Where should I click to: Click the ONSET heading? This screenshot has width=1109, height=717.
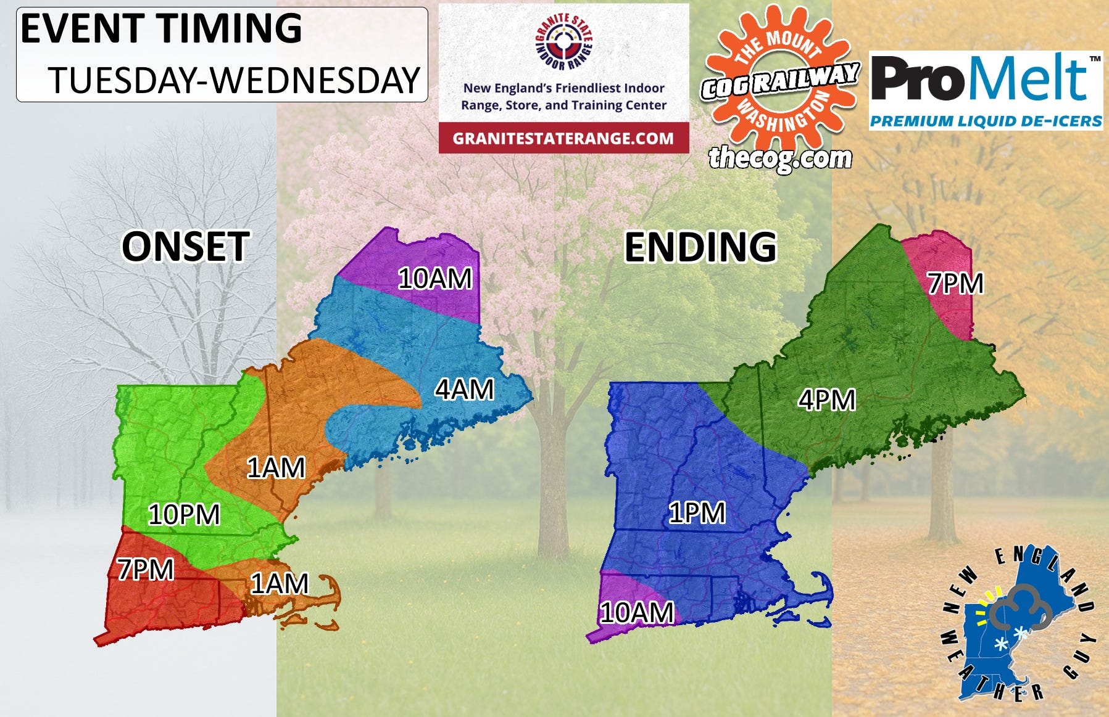click(x=186, y=247)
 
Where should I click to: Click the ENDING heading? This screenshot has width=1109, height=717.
click(x=700, y=247)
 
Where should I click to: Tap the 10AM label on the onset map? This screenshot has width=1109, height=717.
click(x=435, y=279)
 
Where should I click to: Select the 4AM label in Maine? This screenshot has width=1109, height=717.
click(x=464, y=390)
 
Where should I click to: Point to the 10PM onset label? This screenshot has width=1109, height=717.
click(x=184, y=514)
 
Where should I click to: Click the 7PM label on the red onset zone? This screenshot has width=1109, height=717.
click(x=146, y=569)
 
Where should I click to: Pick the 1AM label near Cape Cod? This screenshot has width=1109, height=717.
click(x=279, y=583)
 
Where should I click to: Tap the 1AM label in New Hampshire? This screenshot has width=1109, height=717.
click(x=276, y=468)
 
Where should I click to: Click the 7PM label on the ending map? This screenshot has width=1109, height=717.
click(x=955, y=284)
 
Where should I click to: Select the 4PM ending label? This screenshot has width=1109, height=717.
click(x=826, y=400)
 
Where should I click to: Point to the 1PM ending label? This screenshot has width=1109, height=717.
click(x=697, y=512)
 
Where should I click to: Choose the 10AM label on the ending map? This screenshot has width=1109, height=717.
click(x=637, y=612)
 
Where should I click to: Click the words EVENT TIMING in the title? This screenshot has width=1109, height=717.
click(x=161, y=28)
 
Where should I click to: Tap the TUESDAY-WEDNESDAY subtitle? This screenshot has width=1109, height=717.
click(x=235, y=80)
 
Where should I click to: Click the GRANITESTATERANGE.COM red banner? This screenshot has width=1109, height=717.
click(x=563, y=138)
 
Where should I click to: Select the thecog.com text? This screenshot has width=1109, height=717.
click(x=780, y=158)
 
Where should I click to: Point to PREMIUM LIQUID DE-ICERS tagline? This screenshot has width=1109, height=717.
click(x=986, y=121)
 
